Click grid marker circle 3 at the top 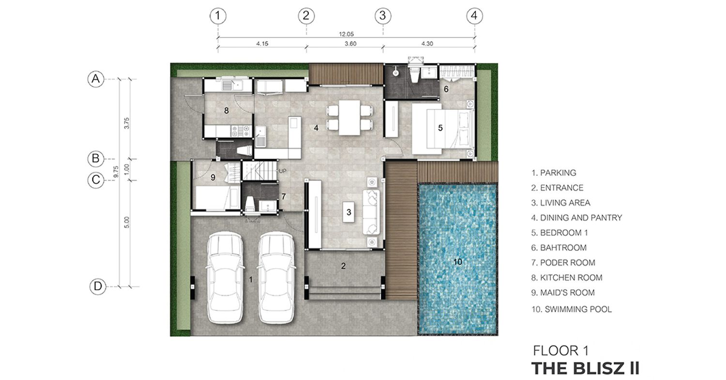pyautogui.click(x=383, y=16)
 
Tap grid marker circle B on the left pyautogui.click(x=96, y=159)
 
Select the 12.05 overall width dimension pyautogui.click(x=346, y=34)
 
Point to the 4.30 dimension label pyautogui.click(x=427, y=44)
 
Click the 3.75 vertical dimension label pyautogui.click(x=127, y=123)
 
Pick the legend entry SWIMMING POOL pyautogui.click(x=572, y=309)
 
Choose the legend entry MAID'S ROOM pyautogui.click(x=563, y=293)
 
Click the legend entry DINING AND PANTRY pyautogui.click(x=576, y=217)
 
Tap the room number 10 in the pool pyautogui.click(x=458, y=262)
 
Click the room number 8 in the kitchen pyautogui.click(x=226, y=111)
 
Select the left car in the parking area pyautogui.click(x=225, y=277)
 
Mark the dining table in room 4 pyautogui.click(x=349, y=117)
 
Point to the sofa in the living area pyautogui.click(x=371, y=212)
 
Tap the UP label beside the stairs pyautogui.click(x=283, y=171)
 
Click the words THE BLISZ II pyautogui.click(x=585, y=368)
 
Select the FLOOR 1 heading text pyautogui.click(x=560, y=351)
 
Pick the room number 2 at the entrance pyautogui.click(x=343, y=266)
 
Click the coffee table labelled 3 pyautogui.click(x=349, y=212)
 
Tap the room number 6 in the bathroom pyautogui.click(x=446, y=89)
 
